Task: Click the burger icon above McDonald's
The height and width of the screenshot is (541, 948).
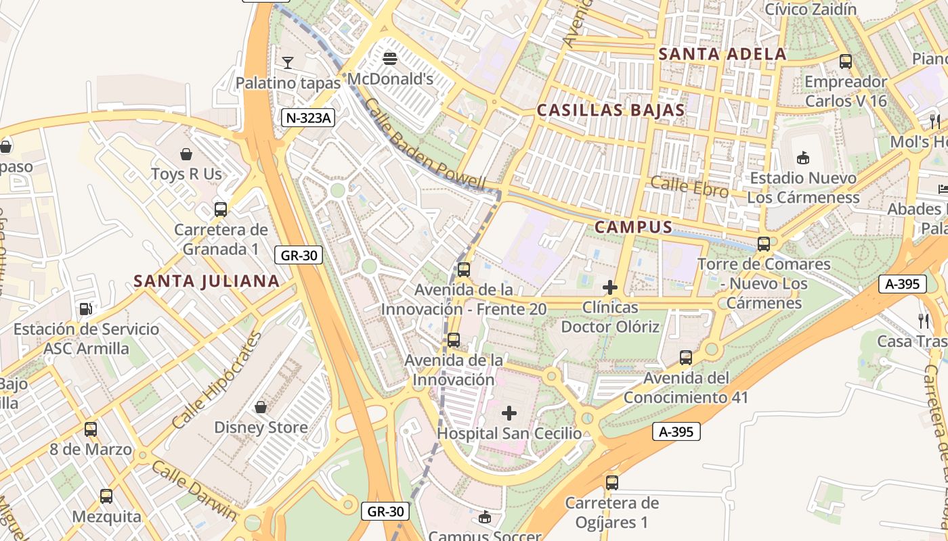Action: (389, 59)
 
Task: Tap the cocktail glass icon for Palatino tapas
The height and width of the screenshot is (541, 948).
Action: (288, 63)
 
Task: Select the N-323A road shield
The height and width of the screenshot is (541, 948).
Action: (308, 118)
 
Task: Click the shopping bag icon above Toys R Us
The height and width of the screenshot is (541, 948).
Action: (186, 154)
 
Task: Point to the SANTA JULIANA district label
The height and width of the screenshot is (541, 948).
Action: (207, 281)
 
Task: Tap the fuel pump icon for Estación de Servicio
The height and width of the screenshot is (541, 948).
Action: (86, 309)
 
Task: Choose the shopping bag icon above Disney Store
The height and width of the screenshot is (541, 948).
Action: (261, 407)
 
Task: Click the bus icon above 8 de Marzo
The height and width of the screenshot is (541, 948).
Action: (90, 429)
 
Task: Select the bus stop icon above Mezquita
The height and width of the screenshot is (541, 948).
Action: (106, 496)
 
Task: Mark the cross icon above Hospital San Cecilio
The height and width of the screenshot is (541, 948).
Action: (509, 413)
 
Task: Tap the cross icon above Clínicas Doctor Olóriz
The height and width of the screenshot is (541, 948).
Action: (609, 287)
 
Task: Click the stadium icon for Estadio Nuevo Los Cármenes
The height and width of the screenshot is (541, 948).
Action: (803, 158)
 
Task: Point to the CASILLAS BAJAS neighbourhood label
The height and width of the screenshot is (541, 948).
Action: (611, 110)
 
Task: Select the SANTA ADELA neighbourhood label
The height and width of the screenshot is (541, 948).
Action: (723, 54)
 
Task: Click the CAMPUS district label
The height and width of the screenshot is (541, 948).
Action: (633, 227)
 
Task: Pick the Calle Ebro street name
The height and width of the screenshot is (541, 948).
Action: (689, 187)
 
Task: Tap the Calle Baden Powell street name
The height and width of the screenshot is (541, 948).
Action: (425, 144)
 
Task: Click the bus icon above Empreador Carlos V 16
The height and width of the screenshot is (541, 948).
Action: (846, 62)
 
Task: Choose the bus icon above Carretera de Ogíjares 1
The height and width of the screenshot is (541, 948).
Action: (612, 483)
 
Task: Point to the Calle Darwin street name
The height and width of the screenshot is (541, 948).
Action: (194, 490)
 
